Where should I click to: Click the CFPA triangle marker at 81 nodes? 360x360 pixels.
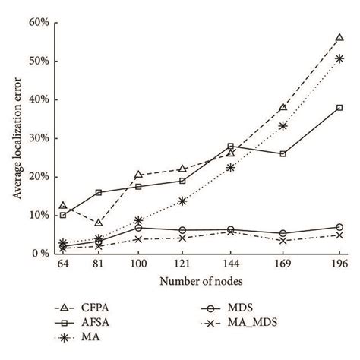[99, 223]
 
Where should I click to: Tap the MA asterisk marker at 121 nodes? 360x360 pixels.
[182, 201]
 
